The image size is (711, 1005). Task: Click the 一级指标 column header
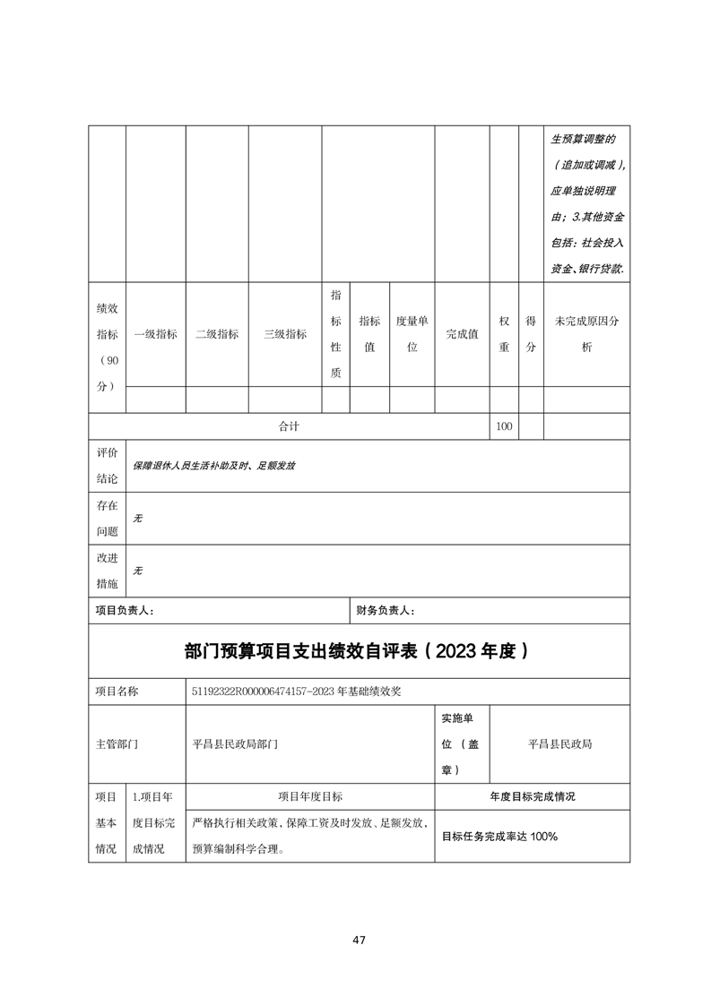point(155,334)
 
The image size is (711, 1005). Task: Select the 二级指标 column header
point(217,334)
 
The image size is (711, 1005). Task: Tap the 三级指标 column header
point(285,334)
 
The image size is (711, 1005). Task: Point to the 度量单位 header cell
point(412,334)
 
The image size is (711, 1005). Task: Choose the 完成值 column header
point(462,334)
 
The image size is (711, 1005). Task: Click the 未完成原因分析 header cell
point(587,334)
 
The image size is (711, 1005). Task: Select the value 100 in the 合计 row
point(504,426)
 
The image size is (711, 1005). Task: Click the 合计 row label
point(289,426)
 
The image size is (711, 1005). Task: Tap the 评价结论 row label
point(107,466)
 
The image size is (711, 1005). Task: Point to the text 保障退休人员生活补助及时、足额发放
point(214,466)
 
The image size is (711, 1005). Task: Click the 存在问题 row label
point(107,519)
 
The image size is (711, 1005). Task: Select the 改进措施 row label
point(107,571)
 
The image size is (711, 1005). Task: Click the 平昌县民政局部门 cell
point(236,743)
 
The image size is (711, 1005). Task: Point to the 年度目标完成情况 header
point(532,795)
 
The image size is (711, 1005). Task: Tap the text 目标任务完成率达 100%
point(499,836)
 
